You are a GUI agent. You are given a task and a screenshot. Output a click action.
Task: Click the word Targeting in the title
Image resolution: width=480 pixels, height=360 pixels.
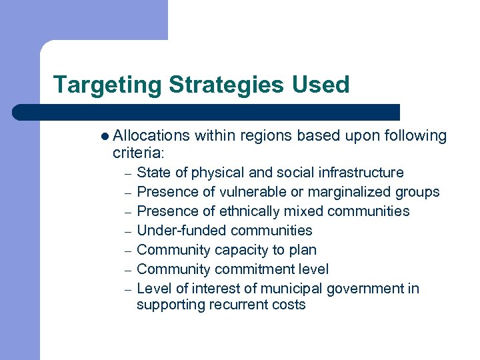click(107, 85)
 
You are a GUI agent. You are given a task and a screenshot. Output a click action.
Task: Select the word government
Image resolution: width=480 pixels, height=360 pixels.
click(369, 289)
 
